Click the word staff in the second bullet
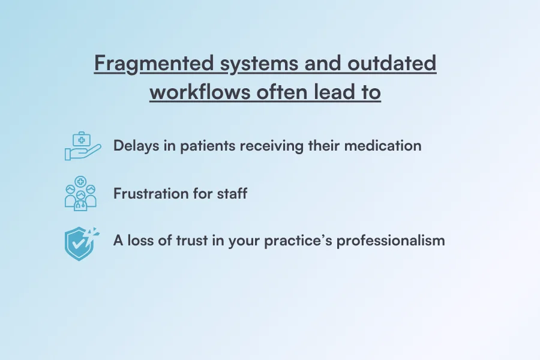232,193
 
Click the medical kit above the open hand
80,140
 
